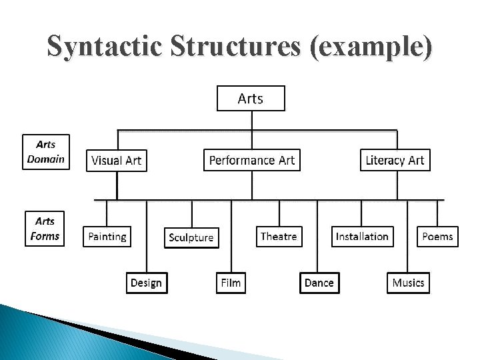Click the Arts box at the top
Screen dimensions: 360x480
pyautogui.click(x=251, y=99)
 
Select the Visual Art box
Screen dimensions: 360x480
pyautogui.click(x=116, y=161)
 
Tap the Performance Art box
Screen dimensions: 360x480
pyautogui.click(x=251, y=160)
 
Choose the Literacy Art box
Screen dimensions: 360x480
pyautogui.click(x=395, y=160)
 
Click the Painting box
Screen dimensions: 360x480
pyautogui.click(x=107, y=237)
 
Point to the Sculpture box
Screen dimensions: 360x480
pyautogui.click(x=191, y=237)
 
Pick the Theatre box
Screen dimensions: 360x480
pyautogui.click(x=279, y=237)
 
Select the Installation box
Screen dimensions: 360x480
pyautogui.click(x=362, y=237)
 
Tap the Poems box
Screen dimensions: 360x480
pyautogui.click(x=437, y=237)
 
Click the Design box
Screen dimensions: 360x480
pyautogui.click(x=146, y=283)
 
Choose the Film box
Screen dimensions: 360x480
pyautogui.click(x=231, y=283)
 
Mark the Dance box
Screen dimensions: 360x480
pyautogui.click(x=319, y=283)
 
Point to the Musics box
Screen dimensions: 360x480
pyautogui.click(x=408, y=283)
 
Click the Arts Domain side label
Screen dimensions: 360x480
pyautogui.click(x=46, y=152)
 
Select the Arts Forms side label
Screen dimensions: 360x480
pyautogui.click(x=45, y=229)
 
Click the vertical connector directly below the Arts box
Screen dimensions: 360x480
pyautogui.click(x=251, y=120)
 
